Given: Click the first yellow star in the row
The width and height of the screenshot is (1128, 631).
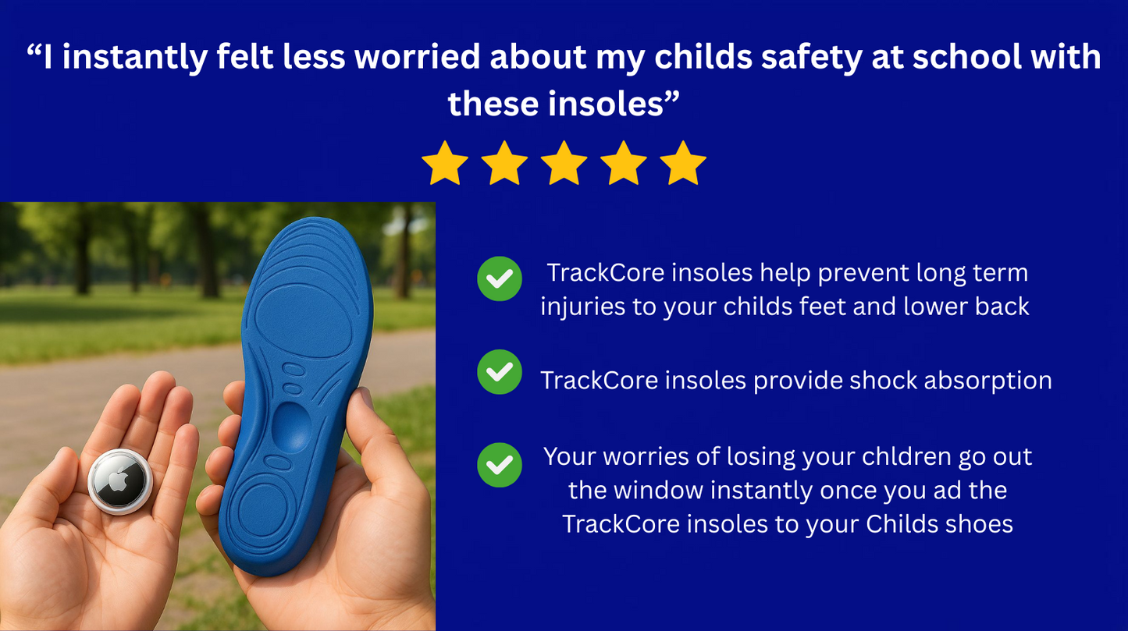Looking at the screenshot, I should point(444,163).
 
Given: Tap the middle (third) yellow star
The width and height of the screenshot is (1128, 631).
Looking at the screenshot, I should point(564,163).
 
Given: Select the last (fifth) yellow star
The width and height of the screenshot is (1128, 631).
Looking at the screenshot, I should point(683,163).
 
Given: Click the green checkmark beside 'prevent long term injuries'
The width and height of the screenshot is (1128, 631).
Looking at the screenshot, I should point(500,278).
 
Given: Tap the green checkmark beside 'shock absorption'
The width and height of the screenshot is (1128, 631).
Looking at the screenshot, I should point(500,372).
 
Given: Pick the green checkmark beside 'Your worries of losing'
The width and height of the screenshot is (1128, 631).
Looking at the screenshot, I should point(500,465).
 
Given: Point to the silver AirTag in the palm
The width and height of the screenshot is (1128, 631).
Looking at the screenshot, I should point(119,481).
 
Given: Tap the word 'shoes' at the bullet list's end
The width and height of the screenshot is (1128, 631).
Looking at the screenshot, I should point(977,523).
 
